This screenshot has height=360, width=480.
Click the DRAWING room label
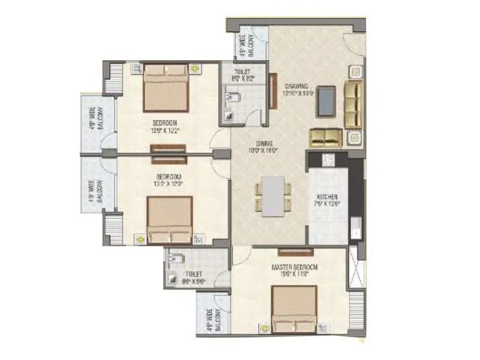point(297,85)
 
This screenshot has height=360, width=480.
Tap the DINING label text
point(265,143)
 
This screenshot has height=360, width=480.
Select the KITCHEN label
point(328,197)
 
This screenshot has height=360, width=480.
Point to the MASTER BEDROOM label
point(294,267)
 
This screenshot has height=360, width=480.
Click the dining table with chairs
point(273,196)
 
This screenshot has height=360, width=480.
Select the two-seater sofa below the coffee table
point(325,137)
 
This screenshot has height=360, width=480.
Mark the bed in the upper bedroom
point(166,88)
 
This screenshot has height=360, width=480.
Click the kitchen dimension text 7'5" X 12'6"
point(328,204)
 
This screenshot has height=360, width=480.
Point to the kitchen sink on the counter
point(354,228)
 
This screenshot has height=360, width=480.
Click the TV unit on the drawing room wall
point(273,91)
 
